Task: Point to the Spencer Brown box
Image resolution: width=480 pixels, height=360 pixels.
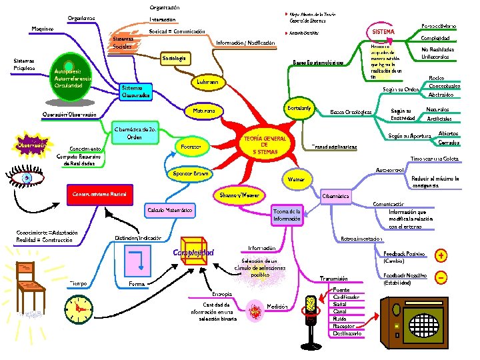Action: (192, 173)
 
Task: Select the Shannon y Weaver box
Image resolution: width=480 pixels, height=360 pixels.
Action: (239, 195)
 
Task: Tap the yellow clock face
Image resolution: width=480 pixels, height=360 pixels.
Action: (79, 307)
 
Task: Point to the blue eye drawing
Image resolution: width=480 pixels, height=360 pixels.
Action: (27, 178)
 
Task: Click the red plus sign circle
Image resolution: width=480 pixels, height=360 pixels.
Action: (441, 255)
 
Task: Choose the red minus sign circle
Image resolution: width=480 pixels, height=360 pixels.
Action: (441, 277)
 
